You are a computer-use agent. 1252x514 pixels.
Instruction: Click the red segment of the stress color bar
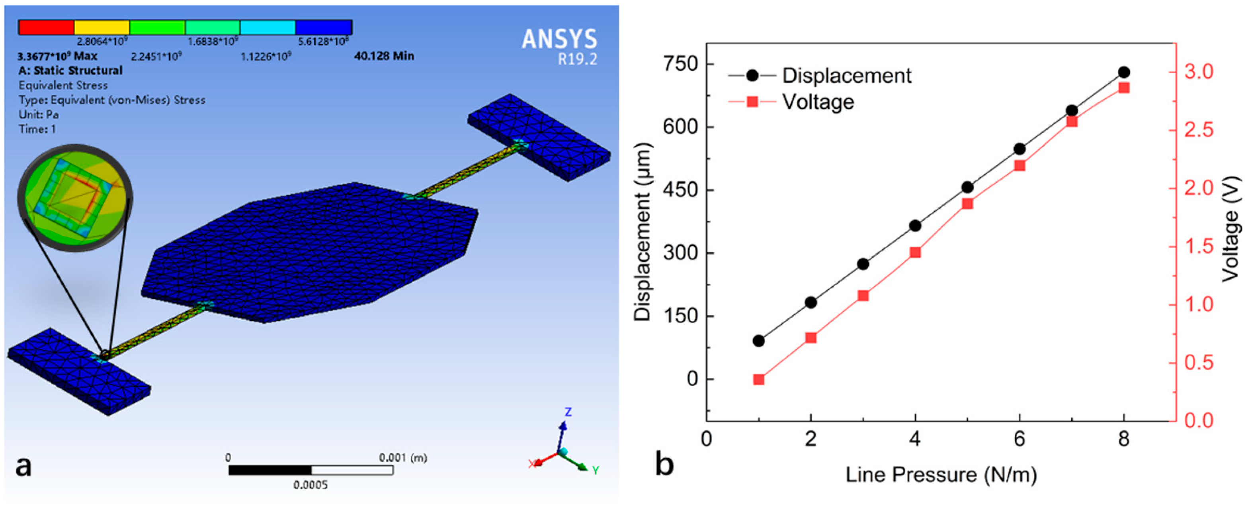[46, 27]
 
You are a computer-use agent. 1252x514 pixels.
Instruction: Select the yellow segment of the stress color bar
[102, 27]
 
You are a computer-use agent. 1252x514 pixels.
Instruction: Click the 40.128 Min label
[384, 56]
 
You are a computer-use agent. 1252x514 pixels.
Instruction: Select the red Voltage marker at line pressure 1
[759, 380]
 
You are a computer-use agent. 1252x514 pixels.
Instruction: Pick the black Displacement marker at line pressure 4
[915, 226]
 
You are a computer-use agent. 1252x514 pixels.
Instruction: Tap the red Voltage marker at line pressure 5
[967, 203]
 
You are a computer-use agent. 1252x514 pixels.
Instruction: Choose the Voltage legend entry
[818, 102]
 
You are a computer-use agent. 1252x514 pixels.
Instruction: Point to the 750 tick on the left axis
[680, 64]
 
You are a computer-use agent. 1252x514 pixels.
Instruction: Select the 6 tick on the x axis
[1019, 439]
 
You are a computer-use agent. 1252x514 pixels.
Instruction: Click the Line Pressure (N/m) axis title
[941, 475]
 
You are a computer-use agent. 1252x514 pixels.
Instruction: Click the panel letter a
[23, 466]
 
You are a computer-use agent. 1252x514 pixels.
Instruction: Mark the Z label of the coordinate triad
[568, 412]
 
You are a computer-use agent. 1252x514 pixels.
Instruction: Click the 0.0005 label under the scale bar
[310, 485]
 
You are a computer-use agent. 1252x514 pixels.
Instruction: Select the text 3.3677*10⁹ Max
[57, 56]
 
